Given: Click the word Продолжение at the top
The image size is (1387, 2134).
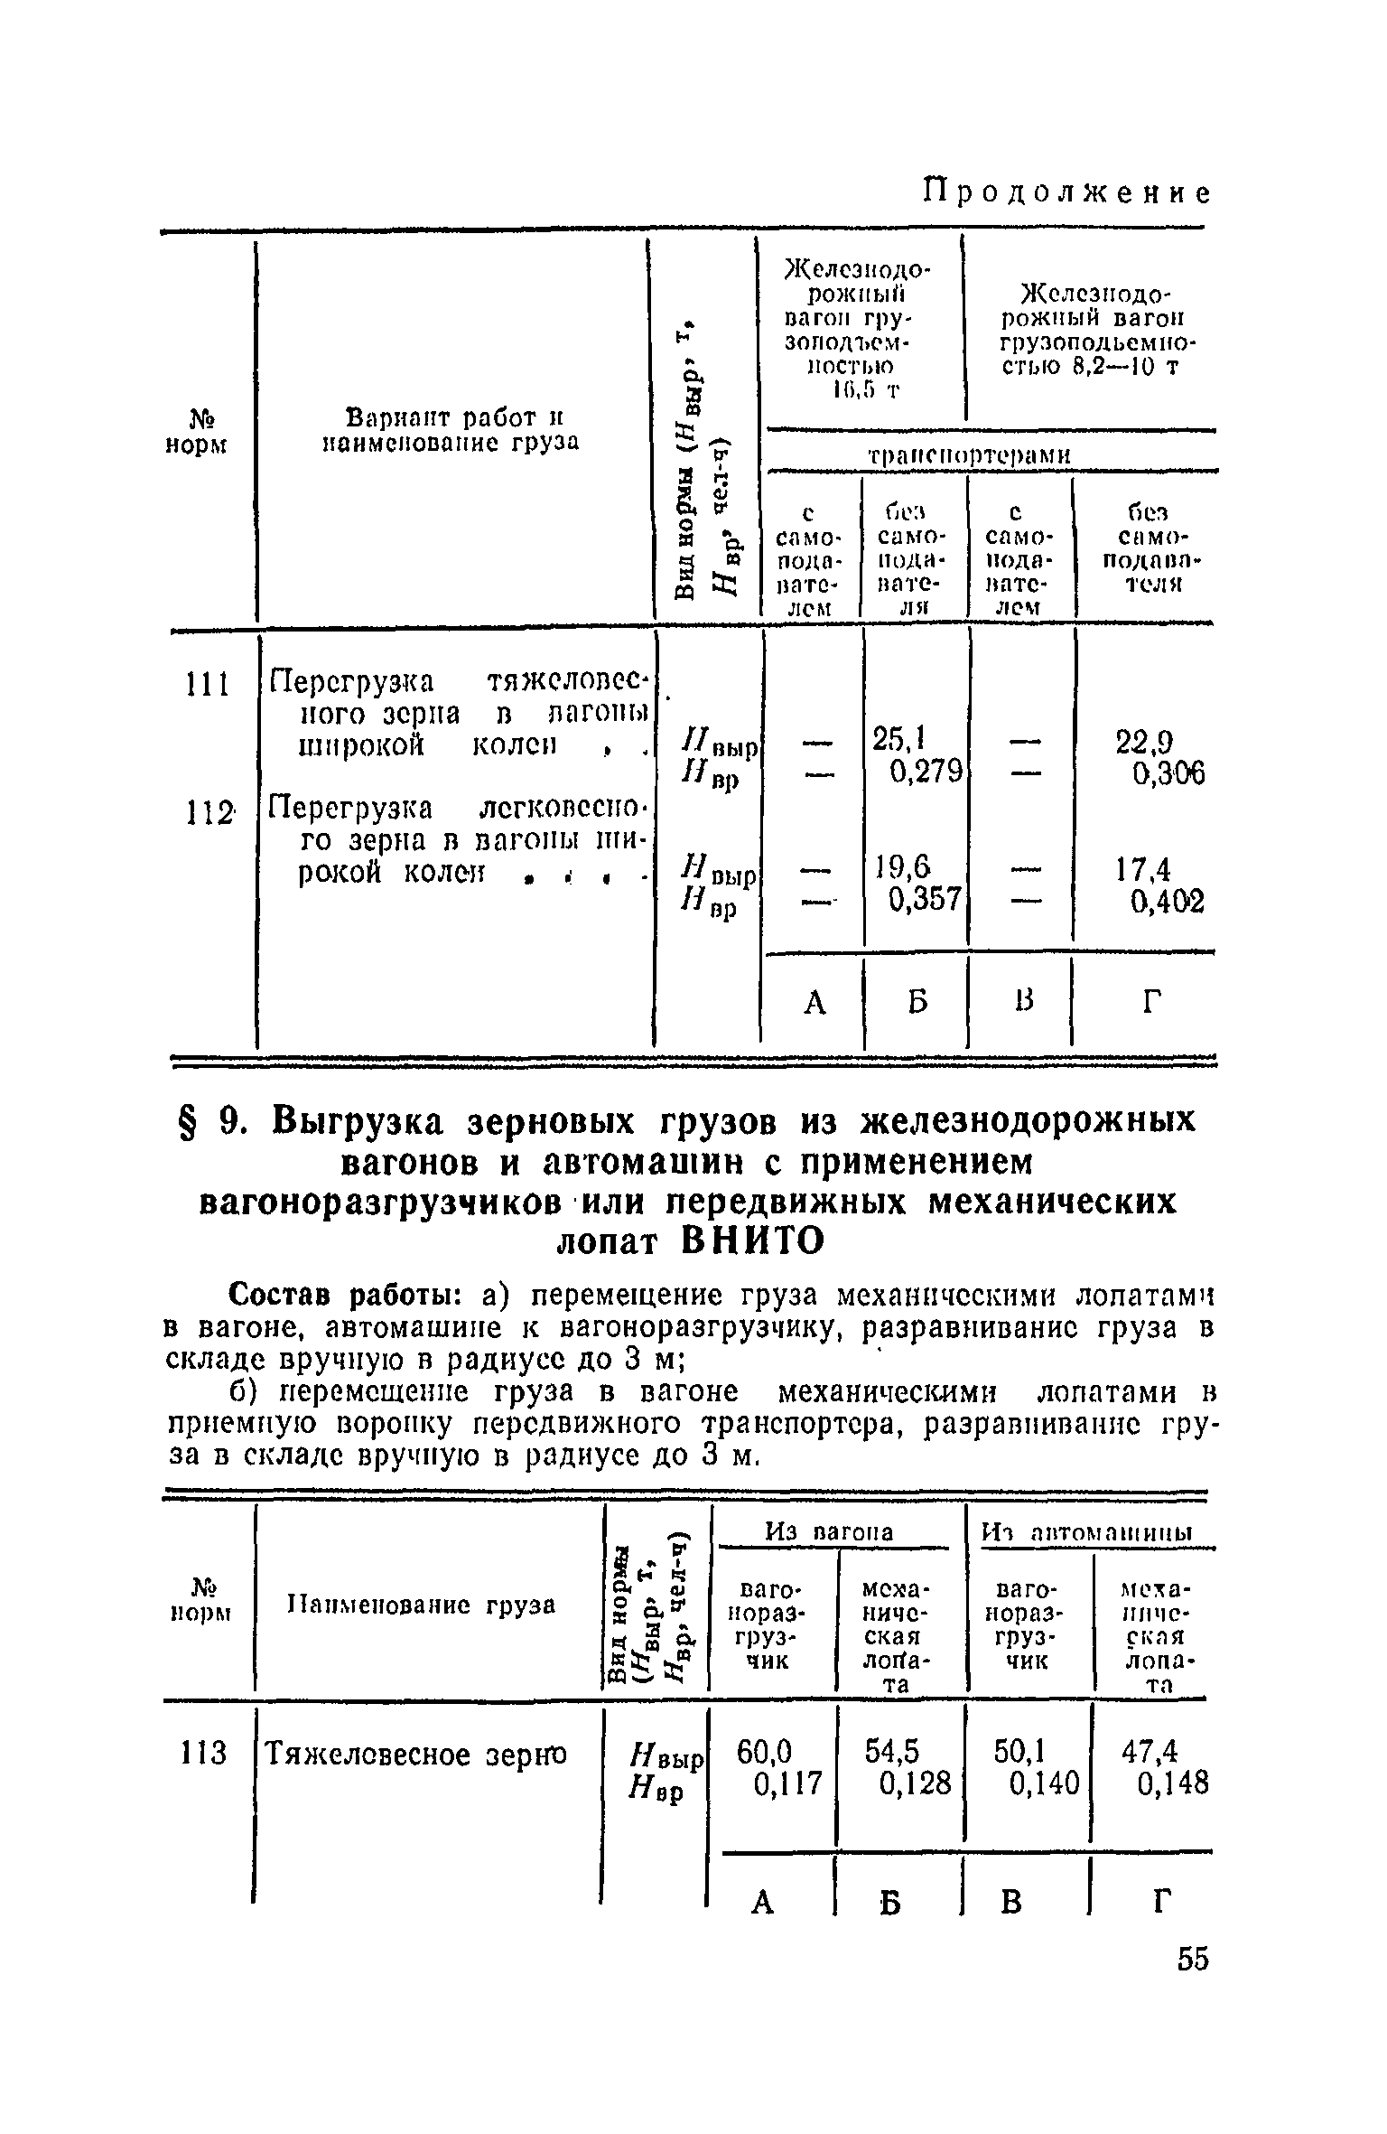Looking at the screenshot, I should pyautogui.click(x=1066, y=194).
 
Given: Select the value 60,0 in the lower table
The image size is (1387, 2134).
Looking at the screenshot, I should pyautogui.click(x=764, y=1752).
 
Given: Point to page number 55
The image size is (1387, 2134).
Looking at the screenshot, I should pyautogui.click(x=1192, y=1960).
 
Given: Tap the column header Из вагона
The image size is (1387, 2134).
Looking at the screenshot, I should pyautogui.click(x=829, y=1531).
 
